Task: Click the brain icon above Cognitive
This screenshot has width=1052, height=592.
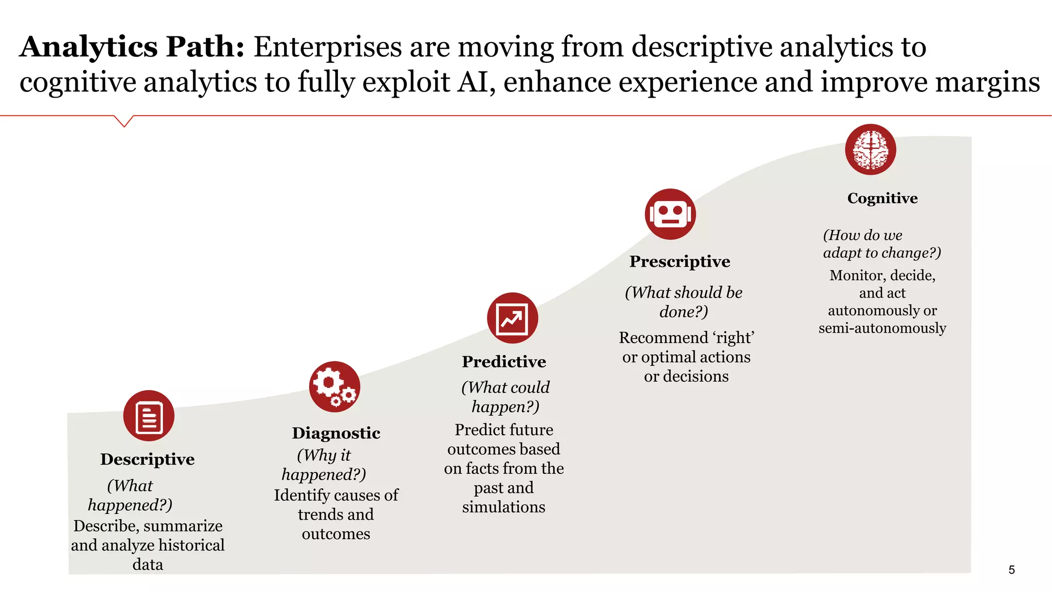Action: click(x=870, y=150)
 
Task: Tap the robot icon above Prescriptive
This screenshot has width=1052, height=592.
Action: click(x=670, y=214)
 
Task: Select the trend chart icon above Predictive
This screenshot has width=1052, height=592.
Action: click(x=512, y=318)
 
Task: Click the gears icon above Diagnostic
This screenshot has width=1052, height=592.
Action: click(x=334, y=386)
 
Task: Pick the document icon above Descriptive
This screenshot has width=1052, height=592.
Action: click(x=149, y=416)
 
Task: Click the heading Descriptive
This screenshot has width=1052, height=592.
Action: click(x=147, y=459)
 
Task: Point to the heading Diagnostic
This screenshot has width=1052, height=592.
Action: click(x=336, y=433)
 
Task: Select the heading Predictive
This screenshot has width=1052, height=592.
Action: click(x=504, y=361)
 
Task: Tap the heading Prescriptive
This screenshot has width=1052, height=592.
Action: click(x=680, y=261)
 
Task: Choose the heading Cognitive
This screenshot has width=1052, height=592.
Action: click(x=882, y=198)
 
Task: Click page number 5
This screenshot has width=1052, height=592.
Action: click(x=1011, y=569)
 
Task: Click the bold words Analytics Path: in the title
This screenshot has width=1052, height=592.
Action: click(x=132, y=47)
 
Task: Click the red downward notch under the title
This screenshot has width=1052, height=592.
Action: click(x=124, y=121)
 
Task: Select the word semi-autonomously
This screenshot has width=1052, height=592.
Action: click(x=882, y=328)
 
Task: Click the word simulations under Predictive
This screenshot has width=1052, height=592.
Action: click(x=503, y=507)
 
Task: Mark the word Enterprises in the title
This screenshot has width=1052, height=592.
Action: click(x=327, y=47)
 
